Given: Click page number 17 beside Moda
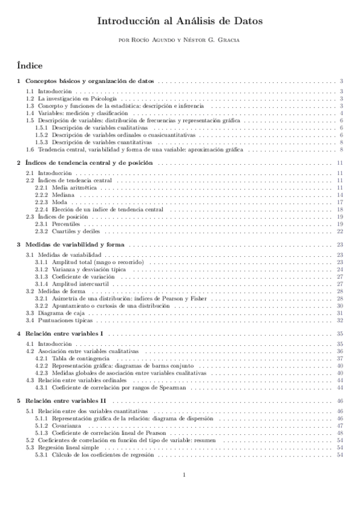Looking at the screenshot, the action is point(340,203).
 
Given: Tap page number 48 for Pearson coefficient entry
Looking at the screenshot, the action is point(340,432).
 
